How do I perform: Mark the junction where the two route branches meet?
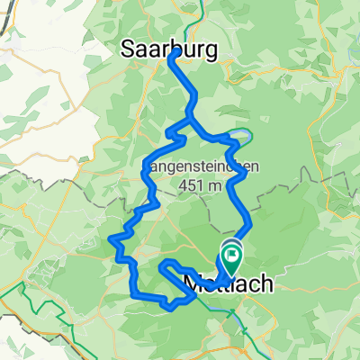click(x=190, y=119)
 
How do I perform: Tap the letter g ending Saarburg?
click(x=211, y=54)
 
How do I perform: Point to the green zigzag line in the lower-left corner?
click(x=36, y=310)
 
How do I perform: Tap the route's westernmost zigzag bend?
click(x=114, y=239)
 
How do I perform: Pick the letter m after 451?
click(x=215, y=184)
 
